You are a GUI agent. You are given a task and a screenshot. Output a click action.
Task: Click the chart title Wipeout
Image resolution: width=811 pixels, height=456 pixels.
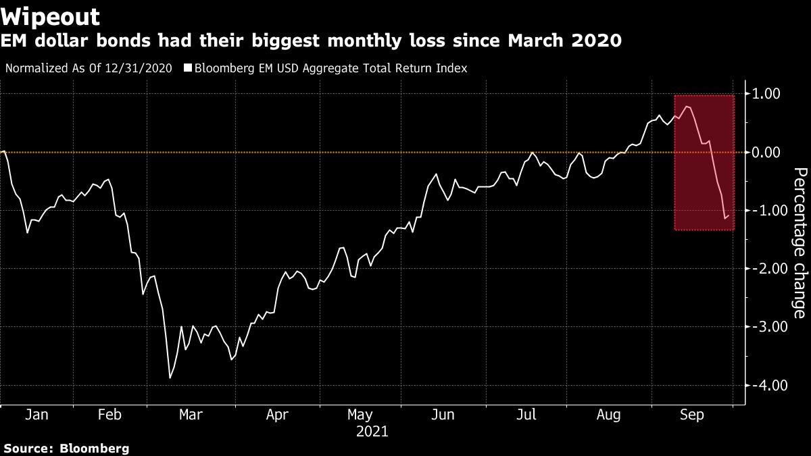(51, 16)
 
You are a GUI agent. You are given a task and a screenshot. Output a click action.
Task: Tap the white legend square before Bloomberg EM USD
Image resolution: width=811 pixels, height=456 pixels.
(188, 68)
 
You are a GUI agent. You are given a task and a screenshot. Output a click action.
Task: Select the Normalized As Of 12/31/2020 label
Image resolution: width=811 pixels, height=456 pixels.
(88, 68)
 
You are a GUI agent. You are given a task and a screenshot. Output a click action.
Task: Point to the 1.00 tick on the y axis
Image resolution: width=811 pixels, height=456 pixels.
(766, 94)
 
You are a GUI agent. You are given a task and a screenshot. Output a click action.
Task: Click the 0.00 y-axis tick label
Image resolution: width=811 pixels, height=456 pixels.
(766, 152)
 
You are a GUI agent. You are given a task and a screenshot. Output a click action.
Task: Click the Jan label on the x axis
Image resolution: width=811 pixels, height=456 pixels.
(36, 415)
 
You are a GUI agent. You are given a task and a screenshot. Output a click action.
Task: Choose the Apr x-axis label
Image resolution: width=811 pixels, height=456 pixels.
(277, 415)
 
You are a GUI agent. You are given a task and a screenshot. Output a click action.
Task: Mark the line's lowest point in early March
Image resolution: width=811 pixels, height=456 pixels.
(170, 378)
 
